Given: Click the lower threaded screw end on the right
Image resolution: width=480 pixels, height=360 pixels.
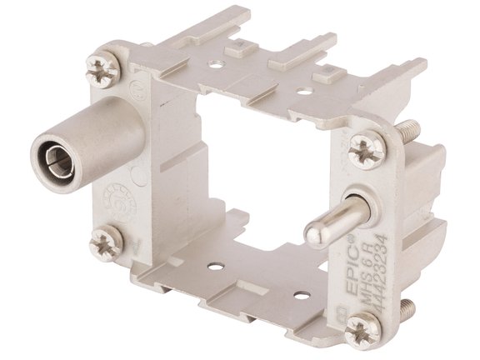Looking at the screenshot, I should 406,307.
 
